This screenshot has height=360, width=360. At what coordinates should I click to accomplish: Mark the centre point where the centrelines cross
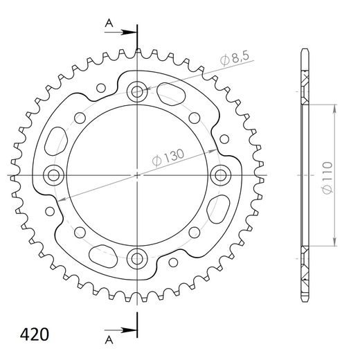137,174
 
